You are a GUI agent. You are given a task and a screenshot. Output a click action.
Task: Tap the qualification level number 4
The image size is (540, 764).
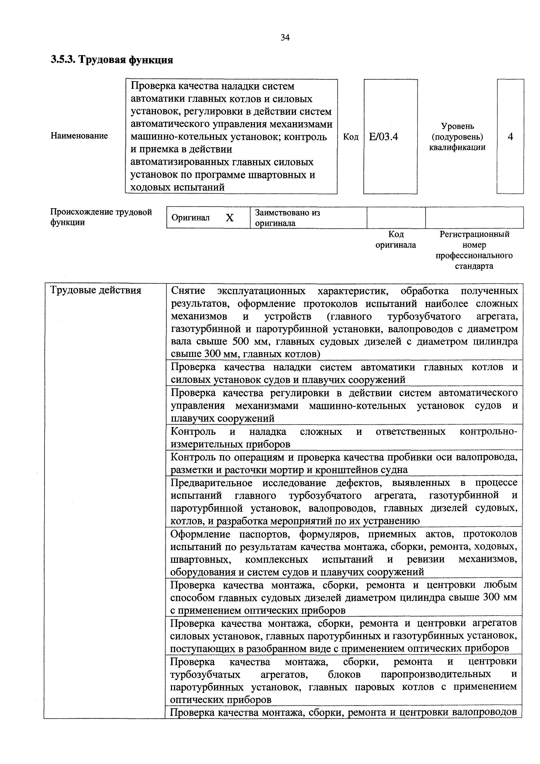[x=510, y=136]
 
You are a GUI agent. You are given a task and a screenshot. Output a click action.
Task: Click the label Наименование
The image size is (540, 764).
[x=79, y=136]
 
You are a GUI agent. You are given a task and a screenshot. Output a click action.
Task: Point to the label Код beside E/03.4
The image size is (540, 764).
[x=351, y=137]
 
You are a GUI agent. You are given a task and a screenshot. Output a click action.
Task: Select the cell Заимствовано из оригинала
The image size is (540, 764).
[x=287, y=218]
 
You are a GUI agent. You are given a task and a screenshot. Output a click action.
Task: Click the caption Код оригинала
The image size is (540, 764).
[x=396, y=240]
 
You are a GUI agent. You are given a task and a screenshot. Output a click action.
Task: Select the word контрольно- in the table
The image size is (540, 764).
[x=488, y=432]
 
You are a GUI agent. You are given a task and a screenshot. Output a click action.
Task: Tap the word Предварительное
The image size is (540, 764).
[x=212, y=483]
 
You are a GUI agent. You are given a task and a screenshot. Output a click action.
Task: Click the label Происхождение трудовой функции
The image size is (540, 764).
[x=101, y=217]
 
